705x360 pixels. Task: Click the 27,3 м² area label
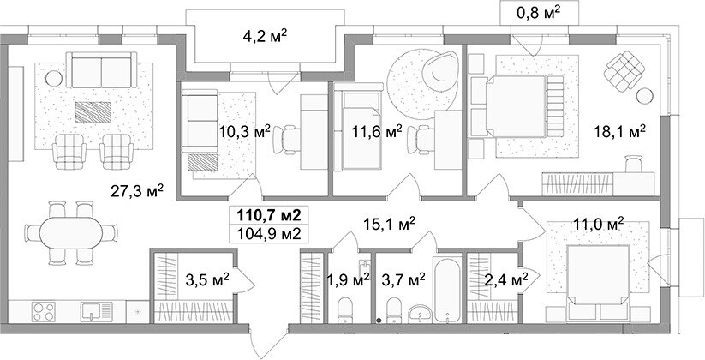click(x=137, y=191)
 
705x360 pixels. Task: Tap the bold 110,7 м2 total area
click(x=266, y=214)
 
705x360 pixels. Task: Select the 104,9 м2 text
click(x=266, y=234)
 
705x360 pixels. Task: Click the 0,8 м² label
click(x=539, y=12)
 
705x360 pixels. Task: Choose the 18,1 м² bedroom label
click(x=619, y=132)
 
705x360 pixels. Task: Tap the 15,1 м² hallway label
click(x=389, y=223)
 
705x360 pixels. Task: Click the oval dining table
click(x=72, y=232)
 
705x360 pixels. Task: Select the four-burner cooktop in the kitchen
click(x=44, y=311)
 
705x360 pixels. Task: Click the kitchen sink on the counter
click(x=96, y=311)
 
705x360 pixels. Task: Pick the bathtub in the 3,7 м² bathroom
click(x=447, y=289)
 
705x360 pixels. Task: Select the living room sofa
click(x=102, y=69)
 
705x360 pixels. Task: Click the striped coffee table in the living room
click(x=93, y=112)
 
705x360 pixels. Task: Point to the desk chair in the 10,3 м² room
click(x=287, y=140)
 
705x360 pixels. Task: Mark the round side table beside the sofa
click(x=54, y=79)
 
